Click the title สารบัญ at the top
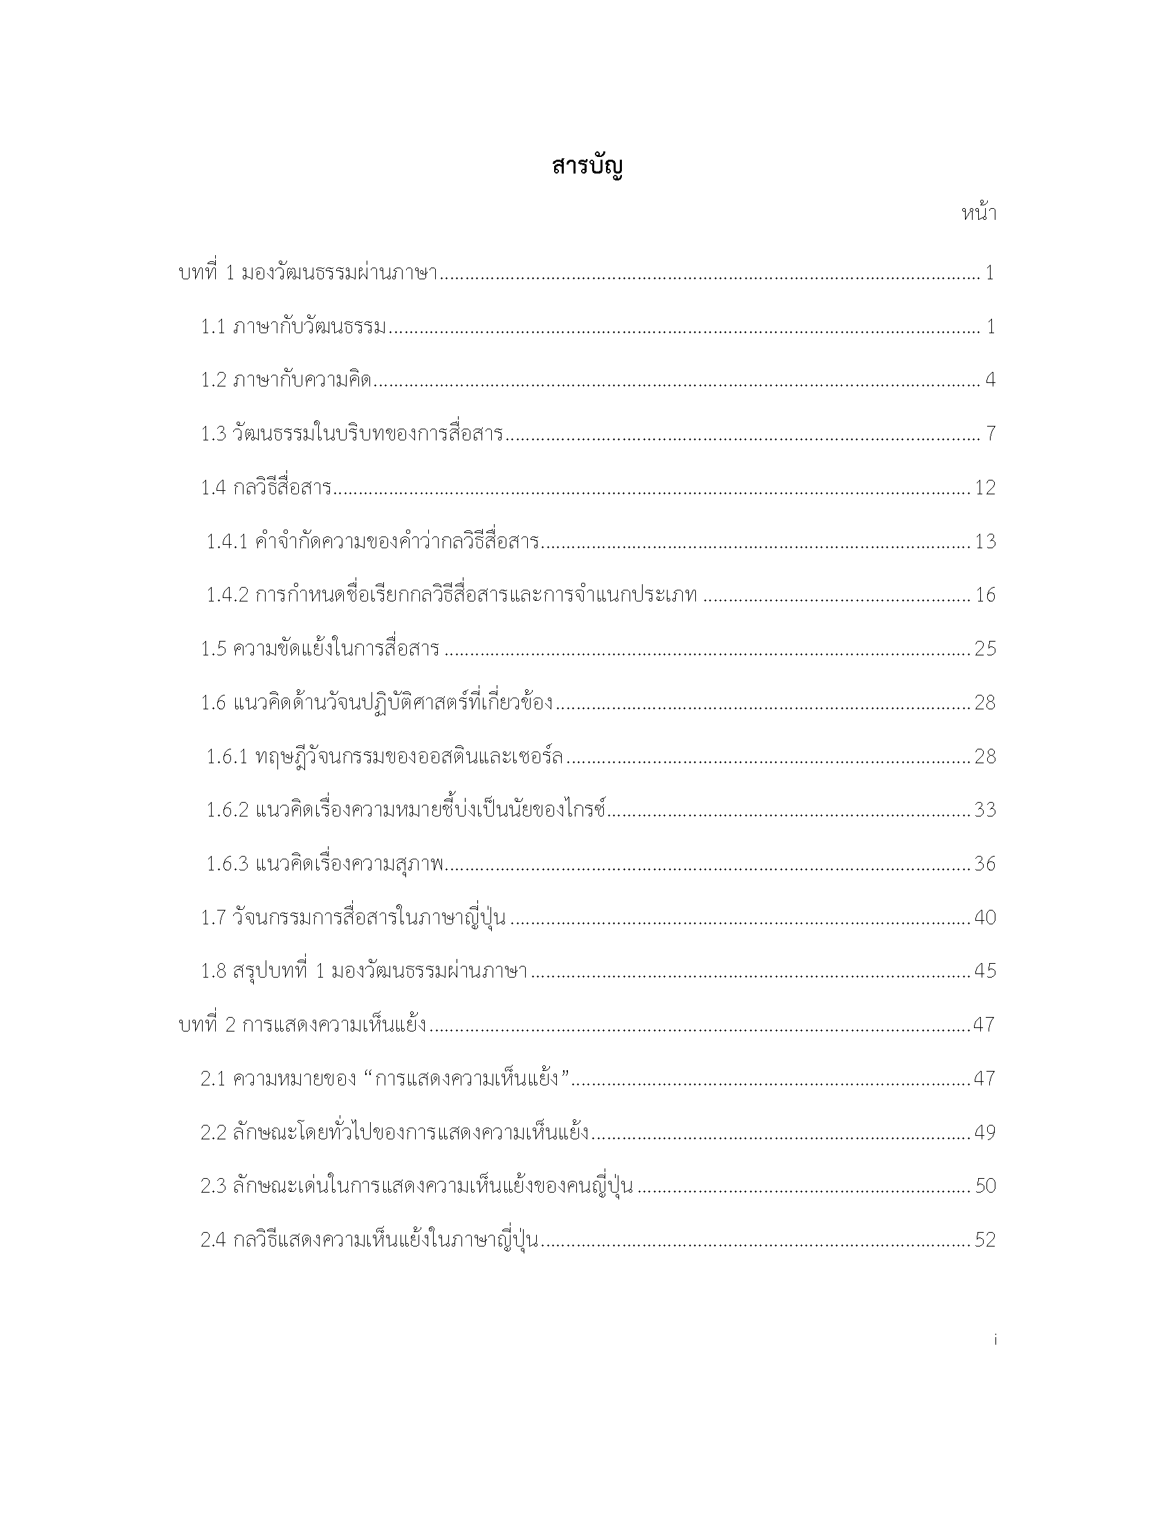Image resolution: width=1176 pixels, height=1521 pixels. click(587, 167)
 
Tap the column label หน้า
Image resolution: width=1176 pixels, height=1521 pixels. click(978, 214)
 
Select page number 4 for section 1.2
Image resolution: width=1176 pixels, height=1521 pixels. click(990, 380)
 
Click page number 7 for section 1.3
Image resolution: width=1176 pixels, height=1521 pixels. click(991, 434)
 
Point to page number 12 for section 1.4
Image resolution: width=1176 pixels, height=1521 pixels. click(985, 487)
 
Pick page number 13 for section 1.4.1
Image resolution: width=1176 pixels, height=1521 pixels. click(985, 541)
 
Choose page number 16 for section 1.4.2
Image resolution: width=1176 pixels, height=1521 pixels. click(985, 595)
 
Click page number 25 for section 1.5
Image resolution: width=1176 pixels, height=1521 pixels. click(985, 648)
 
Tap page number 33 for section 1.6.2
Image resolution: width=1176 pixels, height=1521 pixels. click(985, 810)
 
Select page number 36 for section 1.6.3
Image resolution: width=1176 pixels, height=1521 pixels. click(985, 864)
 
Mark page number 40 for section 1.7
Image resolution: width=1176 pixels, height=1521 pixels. click(985, 917)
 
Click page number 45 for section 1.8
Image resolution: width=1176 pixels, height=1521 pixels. click(985, 971)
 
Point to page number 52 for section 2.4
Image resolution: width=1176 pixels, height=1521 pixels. click(985, 1240)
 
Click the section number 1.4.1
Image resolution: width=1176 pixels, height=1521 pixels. click(226, 541)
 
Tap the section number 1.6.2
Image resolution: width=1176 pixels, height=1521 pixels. click(227, 810)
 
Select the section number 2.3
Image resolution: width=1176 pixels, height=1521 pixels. click(213, 1186)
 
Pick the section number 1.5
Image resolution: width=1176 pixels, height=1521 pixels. click(214, 648)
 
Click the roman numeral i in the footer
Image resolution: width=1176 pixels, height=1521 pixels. click(995, 1339)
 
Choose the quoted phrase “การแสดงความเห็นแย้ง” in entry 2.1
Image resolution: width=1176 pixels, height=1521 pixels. click(468, 1079)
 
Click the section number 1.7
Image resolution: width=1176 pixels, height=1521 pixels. click(214, 917)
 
